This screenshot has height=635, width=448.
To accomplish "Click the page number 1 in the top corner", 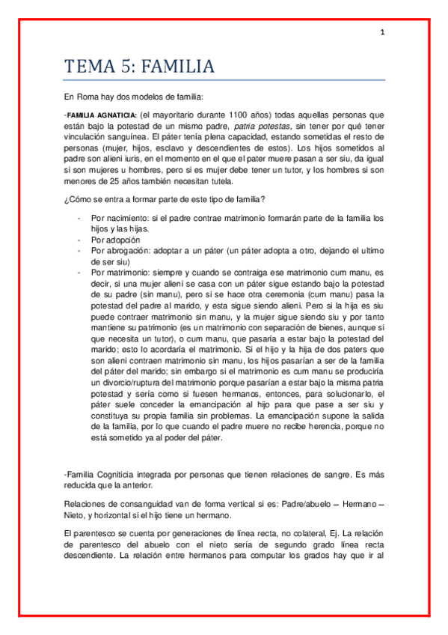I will coord(382,32).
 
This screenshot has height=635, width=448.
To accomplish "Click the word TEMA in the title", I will coord(88,67).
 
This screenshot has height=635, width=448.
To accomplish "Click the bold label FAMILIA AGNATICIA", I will coord(101,115).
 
